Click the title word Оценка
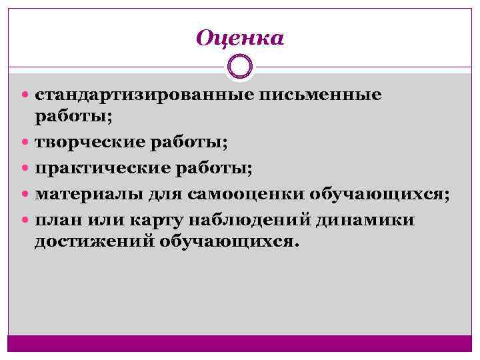[x=240, y=38]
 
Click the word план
[x=57, y=220]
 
